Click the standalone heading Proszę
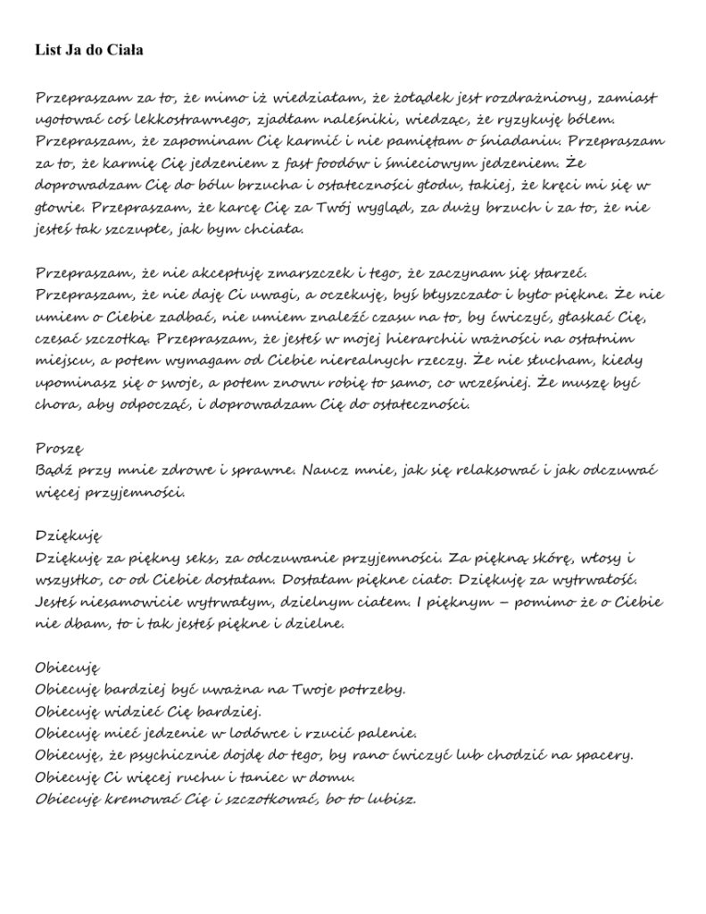[60, 447]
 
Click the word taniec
[244, 777]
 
